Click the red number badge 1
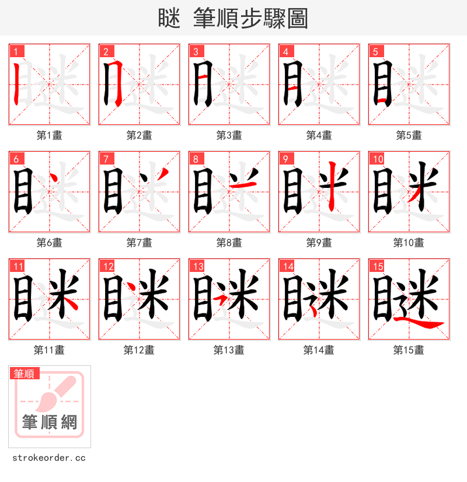coord(16,51)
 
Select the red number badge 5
coord(375,51)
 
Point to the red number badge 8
coord(196,159)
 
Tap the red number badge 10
coord(378,159)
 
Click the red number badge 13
coord(198,267)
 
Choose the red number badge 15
coord(378,267)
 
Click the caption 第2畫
coord(139,135)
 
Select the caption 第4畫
coord(319,135)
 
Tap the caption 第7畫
coord(139,243)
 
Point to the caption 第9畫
coord(319,243)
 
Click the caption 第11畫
coord(49,350)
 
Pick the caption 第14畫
coord(319,350)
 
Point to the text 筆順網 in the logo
coord(50,421)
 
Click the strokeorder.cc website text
coord(49,458)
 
